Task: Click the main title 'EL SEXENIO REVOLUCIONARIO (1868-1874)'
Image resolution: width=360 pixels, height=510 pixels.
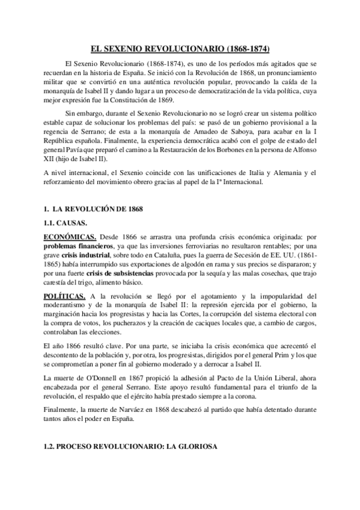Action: coord(180,46)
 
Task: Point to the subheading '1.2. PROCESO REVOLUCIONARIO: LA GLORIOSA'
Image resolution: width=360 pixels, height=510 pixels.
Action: coord(132,447)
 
